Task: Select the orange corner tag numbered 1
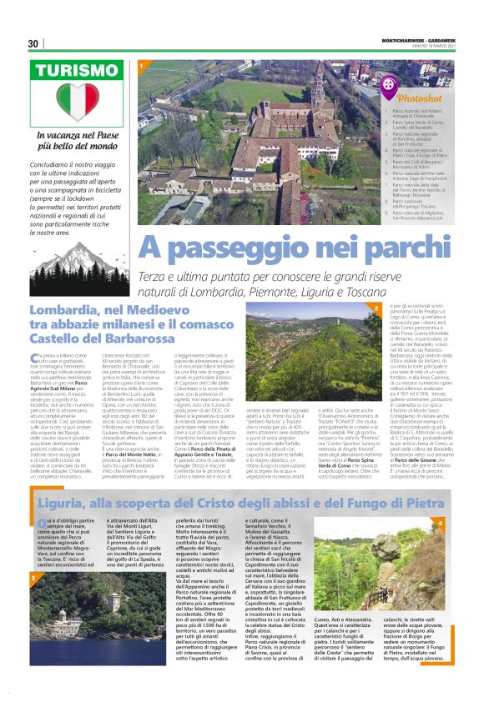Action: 143,64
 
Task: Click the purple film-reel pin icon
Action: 391,84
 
